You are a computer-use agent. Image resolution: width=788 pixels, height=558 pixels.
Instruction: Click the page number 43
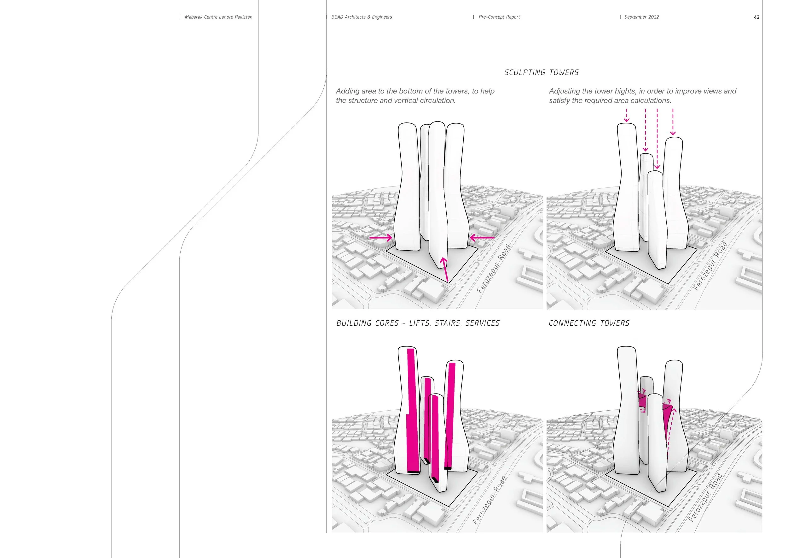756,17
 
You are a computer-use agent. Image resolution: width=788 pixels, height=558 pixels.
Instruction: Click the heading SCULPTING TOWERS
541,73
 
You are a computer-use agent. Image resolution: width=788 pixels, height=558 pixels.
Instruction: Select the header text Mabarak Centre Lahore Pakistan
218,17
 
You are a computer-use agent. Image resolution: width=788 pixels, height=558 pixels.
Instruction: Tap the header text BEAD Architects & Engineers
362,17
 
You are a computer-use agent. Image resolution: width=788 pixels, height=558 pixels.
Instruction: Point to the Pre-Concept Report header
499,17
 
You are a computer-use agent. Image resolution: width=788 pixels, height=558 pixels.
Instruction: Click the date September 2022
641,17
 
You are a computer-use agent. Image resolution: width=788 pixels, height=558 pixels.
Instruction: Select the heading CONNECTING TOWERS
589,323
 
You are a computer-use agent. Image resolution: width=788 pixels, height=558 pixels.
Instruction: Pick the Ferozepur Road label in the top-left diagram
494,269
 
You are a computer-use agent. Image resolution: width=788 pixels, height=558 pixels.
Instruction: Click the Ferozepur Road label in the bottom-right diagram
705,497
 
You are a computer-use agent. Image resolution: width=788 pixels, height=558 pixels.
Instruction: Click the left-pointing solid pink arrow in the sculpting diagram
482,237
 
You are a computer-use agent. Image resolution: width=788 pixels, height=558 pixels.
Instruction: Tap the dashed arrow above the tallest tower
627,116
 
